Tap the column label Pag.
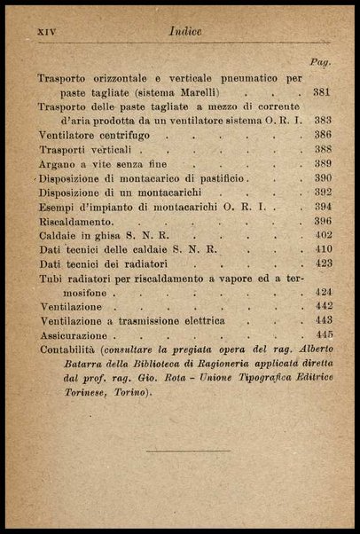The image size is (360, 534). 319,63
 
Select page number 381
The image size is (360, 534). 322,91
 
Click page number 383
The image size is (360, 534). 322,120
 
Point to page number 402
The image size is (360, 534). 322,235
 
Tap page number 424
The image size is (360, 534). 322,292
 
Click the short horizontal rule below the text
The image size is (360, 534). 187,451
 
